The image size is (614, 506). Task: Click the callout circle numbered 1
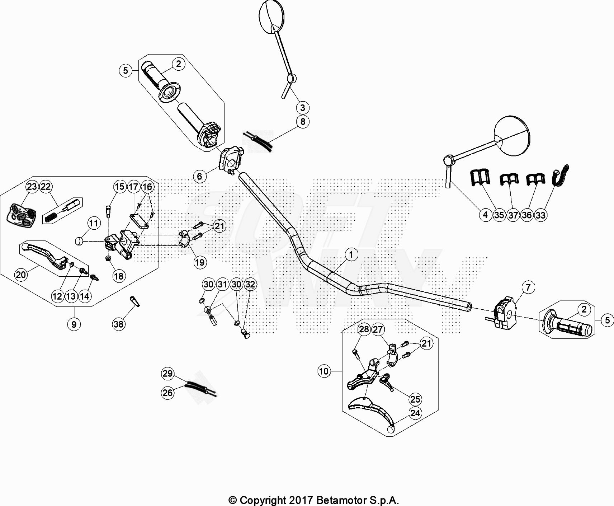351,254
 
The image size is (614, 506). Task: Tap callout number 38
118,324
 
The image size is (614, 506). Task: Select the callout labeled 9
74,324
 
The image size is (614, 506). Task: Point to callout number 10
323,371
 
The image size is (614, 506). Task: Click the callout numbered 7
528,287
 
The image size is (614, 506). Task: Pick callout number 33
540,215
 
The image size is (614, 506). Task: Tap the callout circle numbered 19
200,262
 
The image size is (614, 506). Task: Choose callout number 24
415,413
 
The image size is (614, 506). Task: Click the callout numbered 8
303,122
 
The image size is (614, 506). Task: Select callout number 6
200,176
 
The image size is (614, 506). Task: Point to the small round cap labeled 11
79,241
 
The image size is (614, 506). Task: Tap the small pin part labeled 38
134,301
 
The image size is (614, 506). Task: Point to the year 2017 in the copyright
301,500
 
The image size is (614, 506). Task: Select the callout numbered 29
167,373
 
